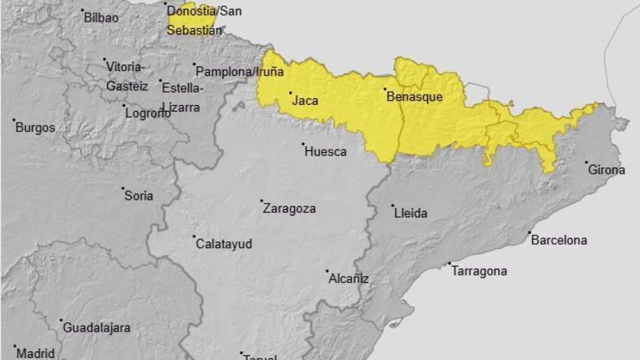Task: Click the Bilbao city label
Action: tap(101, 17)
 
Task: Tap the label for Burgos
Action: tap(35, 127)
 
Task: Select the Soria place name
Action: tap(139, 196)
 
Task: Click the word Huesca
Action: tap(325, 151)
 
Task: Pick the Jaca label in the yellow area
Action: tap(306, 100)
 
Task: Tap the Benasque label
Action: tap(414, 97)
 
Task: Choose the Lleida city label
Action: tap(411, 213)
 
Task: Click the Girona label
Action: tap(606, 170)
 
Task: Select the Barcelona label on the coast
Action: tap(559, 240)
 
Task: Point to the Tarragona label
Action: tap(479, 271)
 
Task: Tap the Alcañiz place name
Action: tap(348, 279)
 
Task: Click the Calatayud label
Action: tap(224, 244)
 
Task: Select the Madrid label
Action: tap(35, 353)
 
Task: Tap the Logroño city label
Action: tap(148, 113)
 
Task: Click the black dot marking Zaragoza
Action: tap(262, 201)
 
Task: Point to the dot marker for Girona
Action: tap(587, 162)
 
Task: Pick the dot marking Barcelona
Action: tap(529, 233)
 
